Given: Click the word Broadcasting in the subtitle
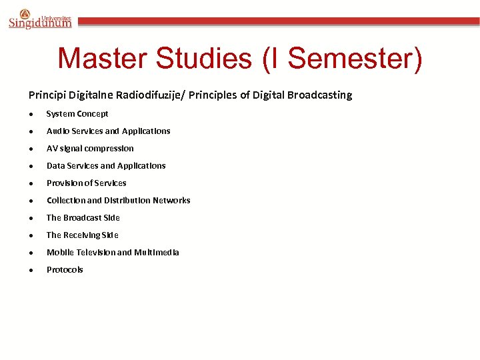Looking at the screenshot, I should [x=319, y=95].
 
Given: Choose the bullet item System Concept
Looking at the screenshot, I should [x=77, y=114].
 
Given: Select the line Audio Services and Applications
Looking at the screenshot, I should [x=108, y=131].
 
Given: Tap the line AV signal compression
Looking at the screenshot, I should [x=90, y=149].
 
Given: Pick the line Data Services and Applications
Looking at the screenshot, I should [x=106, y=166].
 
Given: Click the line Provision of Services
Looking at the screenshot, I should [x=87, y=183].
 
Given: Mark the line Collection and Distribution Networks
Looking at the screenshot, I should [x=119, y=201].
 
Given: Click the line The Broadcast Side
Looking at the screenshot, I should [x=83, y=218].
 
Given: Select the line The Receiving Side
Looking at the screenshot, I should [x=83, y=235].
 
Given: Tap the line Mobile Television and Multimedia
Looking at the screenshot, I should [x=113, y=253].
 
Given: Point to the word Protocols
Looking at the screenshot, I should [x=65, y=270].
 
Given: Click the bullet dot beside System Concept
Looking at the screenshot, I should [x=31, y=115].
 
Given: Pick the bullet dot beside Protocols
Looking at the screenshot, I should [x=31, y=271].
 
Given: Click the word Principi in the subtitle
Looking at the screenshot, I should [x=45, y=95].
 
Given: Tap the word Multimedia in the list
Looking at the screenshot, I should [x=157, y=253].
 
